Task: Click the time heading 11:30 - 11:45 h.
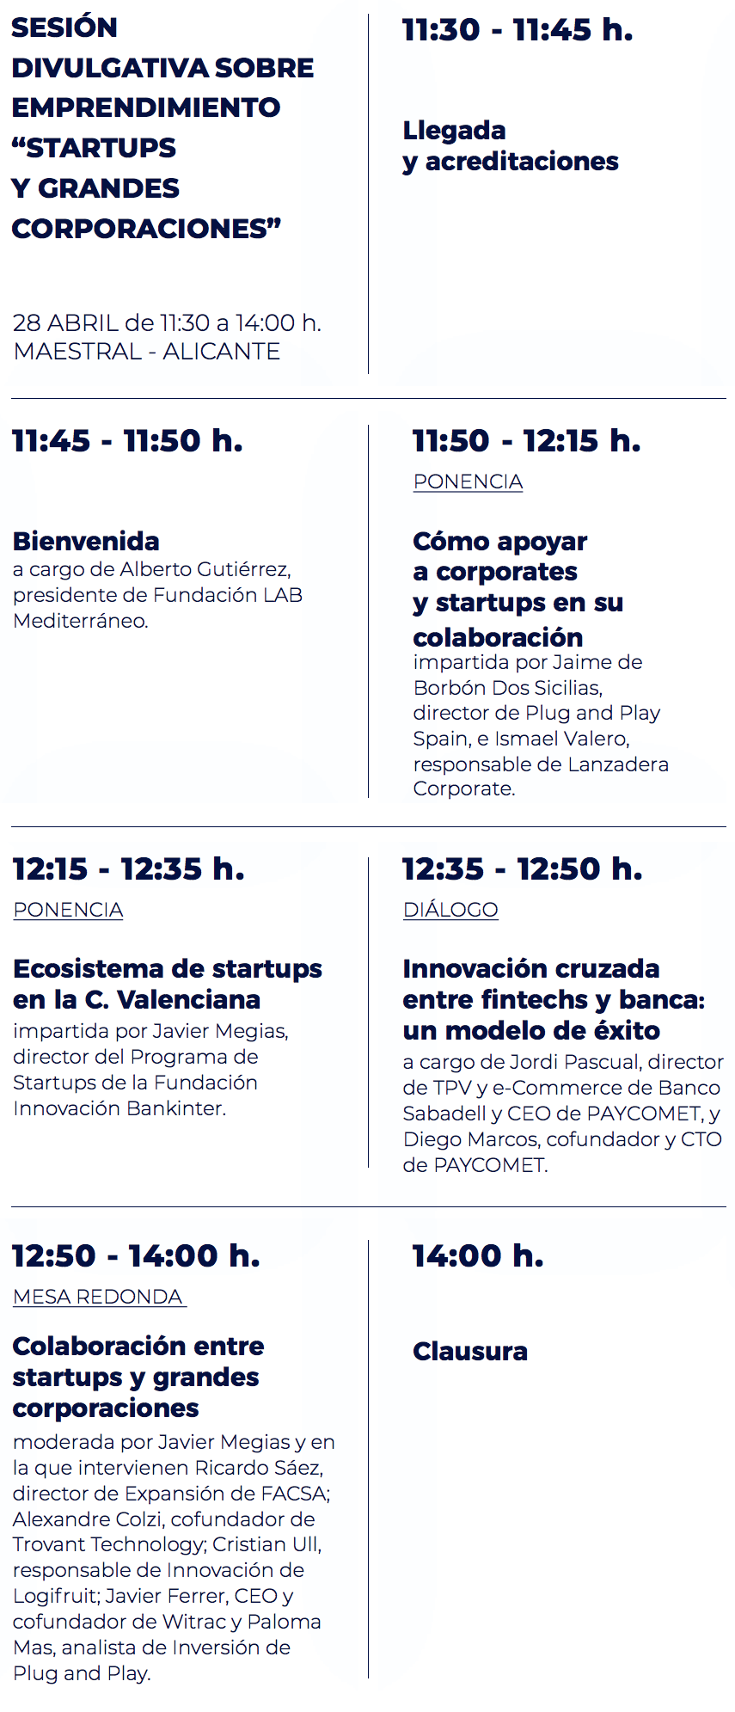[x=518, y=30]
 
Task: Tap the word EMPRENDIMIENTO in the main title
[x=146, y=107]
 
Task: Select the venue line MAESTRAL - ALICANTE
[x=147, y=352]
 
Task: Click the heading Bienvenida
[x=86, y=541]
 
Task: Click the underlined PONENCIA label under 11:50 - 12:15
[x=469, y=482]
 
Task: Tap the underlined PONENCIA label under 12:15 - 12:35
[x=68, y=910]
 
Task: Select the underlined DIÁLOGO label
[x=450, y=910]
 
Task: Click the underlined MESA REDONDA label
[x=100, y=1297]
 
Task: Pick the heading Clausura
[x=470, y=1351]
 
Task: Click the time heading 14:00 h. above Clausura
[x=478, y=1256]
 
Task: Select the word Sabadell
[x=444, y=1114]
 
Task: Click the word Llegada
[x=454, y=131]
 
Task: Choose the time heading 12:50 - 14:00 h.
[x=136, y=1256]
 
